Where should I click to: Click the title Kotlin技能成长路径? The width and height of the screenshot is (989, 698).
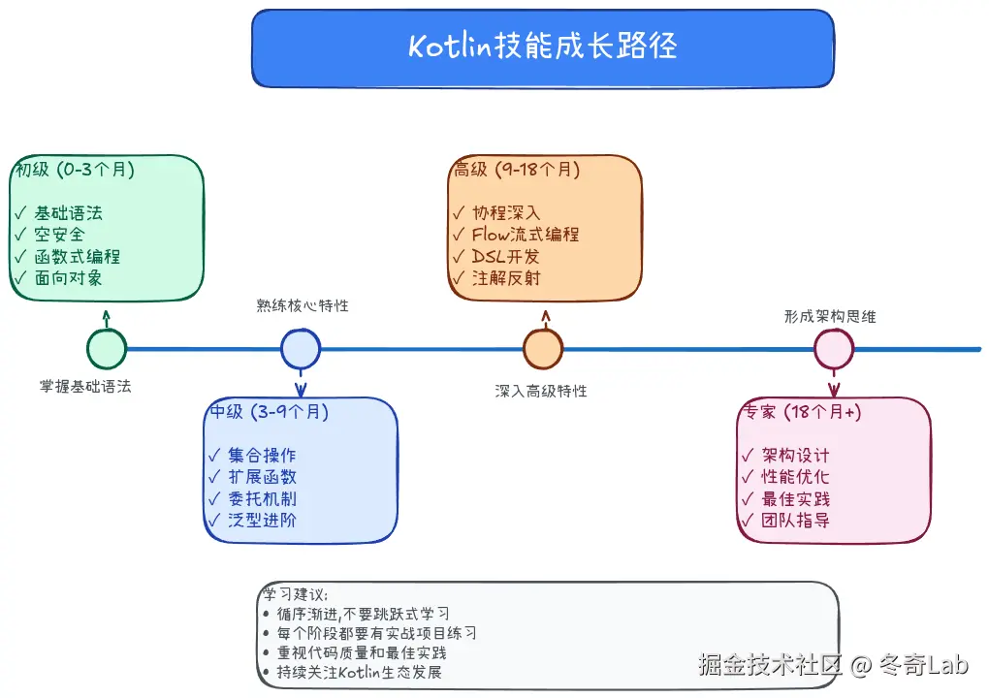542,47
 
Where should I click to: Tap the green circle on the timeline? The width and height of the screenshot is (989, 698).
107,349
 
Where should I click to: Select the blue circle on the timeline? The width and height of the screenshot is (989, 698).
301,349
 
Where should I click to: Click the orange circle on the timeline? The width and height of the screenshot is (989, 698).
543,349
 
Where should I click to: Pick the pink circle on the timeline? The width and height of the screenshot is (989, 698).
833,349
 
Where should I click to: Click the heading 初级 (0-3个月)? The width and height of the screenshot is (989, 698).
73,170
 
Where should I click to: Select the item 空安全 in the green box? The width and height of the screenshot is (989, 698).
60,235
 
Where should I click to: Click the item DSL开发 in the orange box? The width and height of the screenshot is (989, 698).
505,257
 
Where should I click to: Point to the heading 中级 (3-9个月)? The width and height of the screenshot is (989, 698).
270,412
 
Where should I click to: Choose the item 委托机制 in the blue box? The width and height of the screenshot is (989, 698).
262,499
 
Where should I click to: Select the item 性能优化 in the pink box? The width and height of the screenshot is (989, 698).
795,477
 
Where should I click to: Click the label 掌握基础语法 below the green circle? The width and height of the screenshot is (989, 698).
85,386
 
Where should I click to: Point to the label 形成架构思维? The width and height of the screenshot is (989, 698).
830,316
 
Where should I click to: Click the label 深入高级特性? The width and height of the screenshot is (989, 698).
541,392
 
